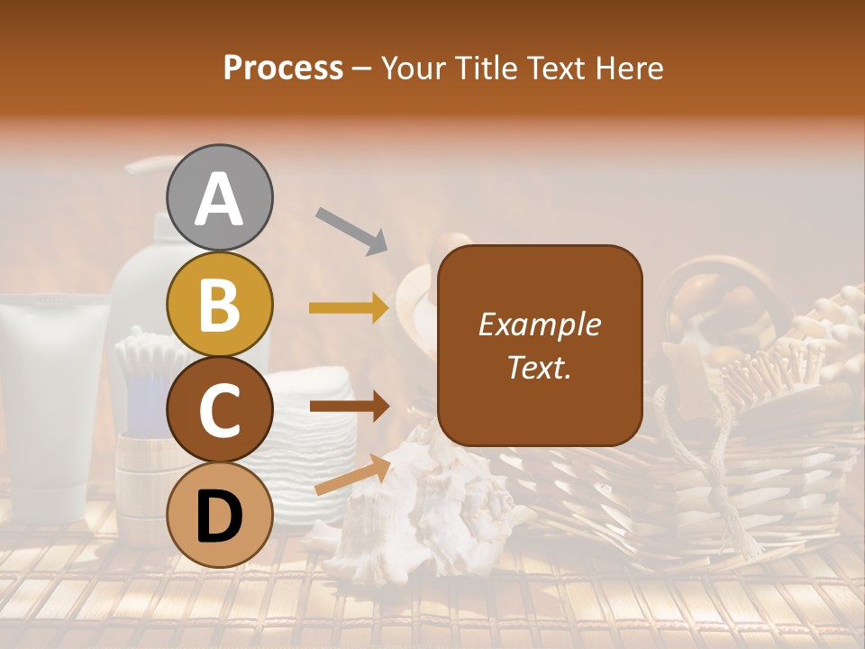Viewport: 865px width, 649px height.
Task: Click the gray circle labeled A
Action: (220, 198)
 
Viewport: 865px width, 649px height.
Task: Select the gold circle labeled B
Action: (220, 305)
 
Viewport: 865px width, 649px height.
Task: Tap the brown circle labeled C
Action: (220, 410)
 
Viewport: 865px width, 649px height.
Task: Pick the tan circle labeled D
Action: (220, 516)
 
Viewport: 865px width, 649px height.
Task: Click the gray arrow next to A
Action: (351, 230)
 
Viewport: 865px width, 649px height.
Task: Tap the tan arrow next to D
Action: (352, 475)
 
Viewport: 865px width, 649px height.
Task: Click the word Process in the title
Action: (283, 68)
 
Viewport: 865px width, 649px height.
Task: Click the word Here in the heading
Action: (629, 68)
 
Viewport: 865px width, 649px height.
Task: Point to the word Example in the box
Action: (540, 324)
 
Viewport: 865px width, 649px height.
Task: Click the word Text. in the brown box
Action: (540, 367)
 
